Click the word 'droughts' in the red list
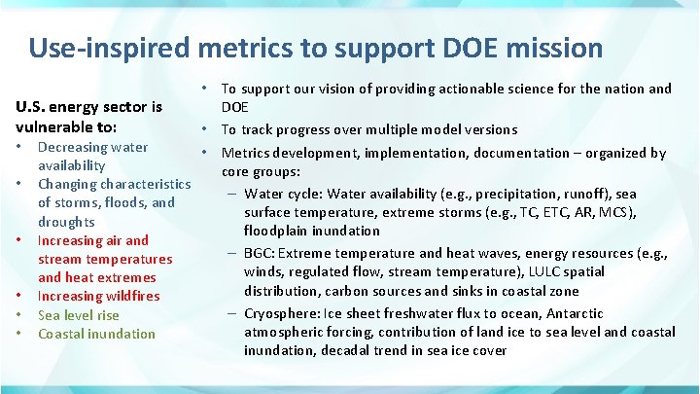(x=66, y=221)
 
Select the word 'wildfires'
(x=121, y=296)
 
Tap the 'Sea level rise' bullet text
(x=79, y=314)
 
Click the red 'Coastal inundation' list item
(x=96, y=334)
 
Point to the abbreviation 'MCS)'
(x=645, y=212)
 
